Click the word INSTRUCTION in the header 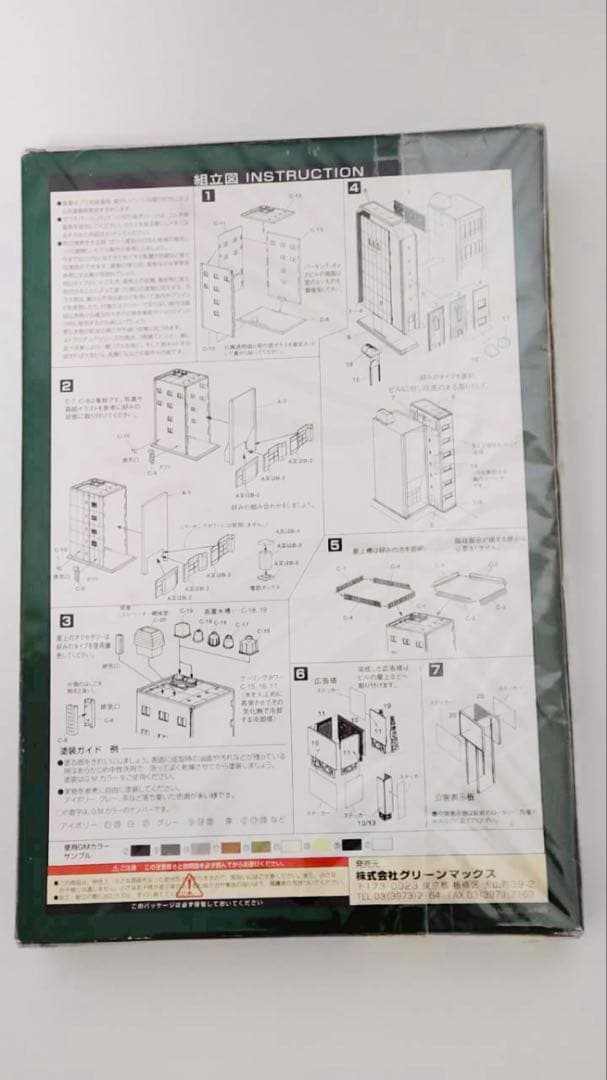click(297, 175)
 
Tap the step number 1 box click(208, 197)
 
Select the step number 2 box click(66, 386)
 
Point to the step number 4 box click(354, 187)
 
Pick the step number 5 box click(334, 546)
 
